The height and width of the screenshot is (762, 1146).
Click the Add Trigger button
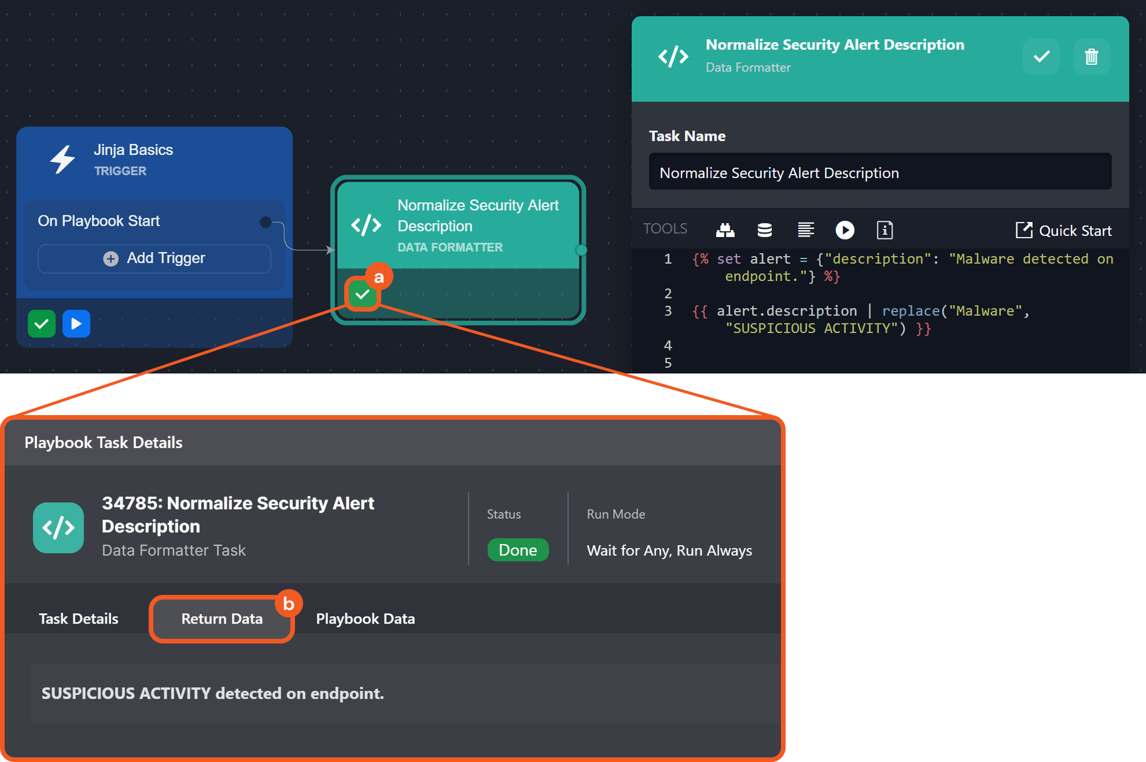pyautogui.click(x=154, y=258)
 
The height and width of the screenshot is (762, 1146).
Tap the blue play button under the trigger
pyautogui.click(x=76, y=324)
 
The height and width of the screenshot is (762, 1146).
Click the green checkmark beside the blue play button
pyautogui.click(x=42, y=324)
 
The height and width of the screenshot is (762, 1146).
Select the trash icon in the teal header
pyautogui.click(x=1091, y=57)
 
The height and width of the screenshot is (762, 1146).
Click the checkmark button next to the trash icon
pyautogui.click(x=1041, y=57)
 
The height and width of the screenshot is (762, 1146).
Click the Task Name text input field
pyautogui.click(x=879, y=172)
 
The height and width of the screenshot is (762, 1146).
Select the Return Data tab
pyautogui.click(x=222, y=619)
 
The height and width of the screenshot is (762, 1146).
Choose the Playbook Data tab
pyautogui.click(x=366, y=619)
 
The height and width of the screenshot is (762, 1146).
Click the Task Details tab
pyautogui.click(x=79, y=619)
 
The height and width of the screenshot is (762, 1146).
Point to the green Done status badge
pyautogui.click(x=518, y=550)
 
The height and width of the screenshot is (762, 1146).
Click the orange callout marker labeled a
pyautogui.click(x=379, y=278)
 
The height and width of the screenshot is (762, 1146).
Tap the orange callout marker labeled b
pyautogui.click(x=289, y=604)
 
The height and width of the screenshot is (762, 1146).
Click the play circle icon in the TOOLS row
pyautogui.click(x=845, y=230)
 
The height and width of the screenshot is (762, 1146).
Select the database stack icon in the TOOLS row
pyautogui.click(x=765, y=230)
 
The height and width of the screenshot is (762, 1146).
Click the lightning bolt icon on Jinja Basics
pyautogui.click(x=62, y=160)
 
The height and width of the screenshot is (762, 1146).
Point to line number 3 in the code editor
pyautogui.click(x=668, y=311)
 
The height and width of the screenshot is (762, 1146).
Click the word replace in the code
pyautogui.click(x=911, y=311)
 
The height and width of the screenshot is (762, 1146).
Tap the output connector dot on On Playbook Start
pyautogui.click(x=266, y=222)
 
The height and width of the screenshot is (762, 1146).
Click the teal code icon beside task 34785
pyautogui.click(x=58, y=528)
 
